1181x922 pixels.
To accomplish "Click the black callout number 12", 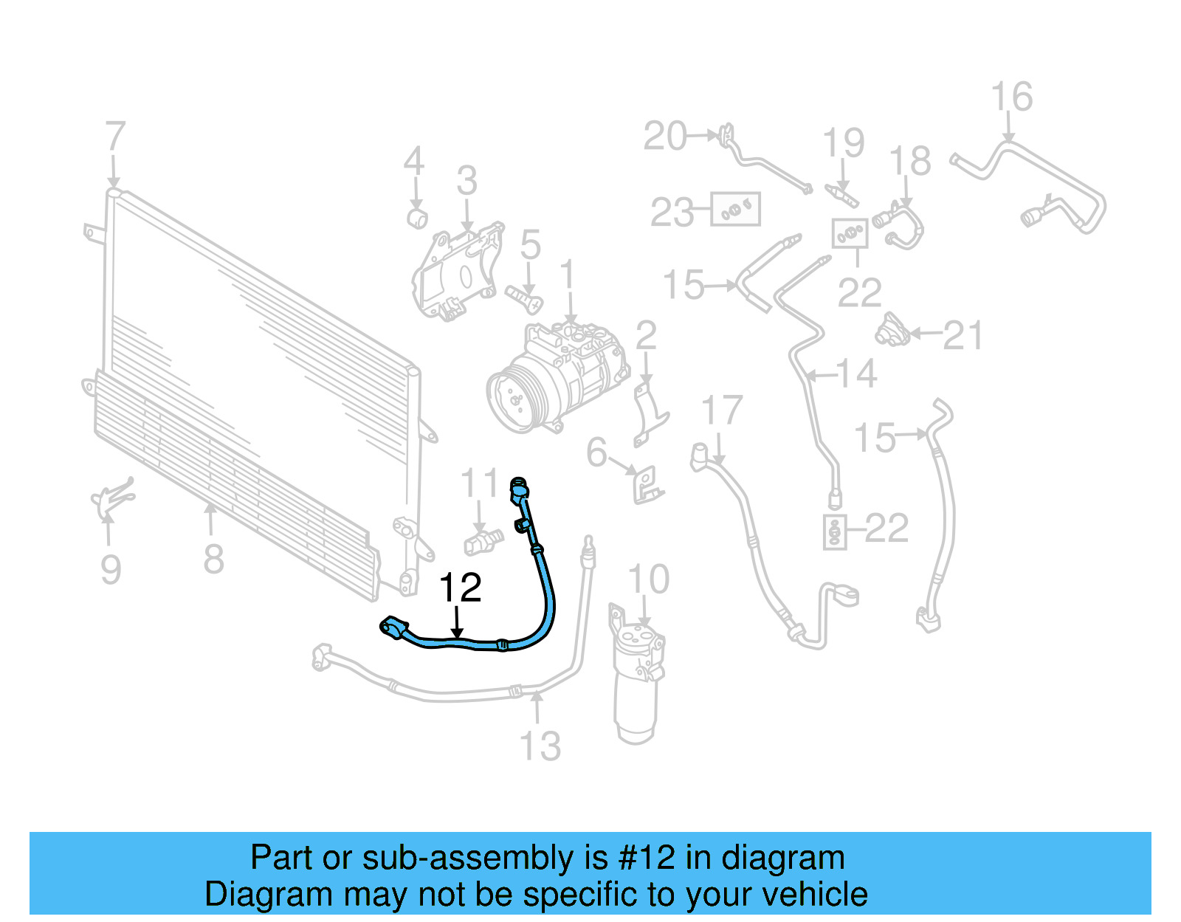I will click(x=460, y=588).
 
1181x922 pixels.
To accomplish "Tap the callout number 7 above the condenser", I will click(x=115, y=137).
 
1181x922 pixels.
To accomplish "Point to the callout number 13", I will click(x=540, y=746).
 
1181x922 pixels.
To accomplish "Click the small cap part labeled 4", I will click(x=418, y=218).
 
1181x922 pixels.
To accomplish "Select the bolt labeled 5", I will click(x=523, y=298).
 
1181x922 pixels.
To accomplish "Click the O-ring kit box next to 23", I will click(x=735, y=210).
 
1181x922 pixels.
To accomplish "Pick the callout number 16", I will click(x=1011, y=97).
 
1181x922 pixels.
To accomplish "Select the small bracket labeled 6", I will click(x=647, y=484).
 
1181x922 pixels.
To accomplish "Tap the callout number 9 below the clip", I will click(x=110, y=569).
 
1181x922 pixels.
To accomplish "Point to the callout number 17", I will click(x=721, y=410).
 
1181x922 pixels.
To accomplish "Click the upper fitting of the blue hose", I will click(x=520, y=489).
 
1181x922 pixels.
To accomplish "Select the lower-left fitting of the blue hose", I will click(x=393, y=627).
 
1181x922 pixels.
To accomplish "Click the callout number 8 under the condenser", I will click(x=213, y=559).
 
